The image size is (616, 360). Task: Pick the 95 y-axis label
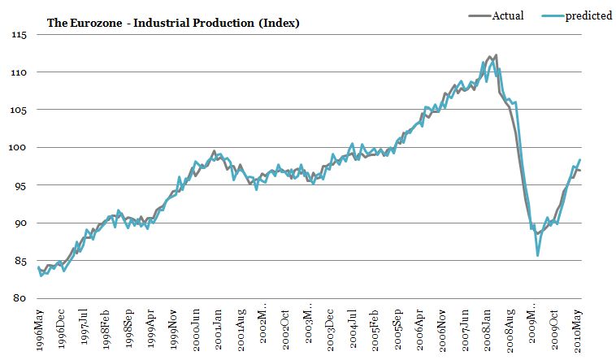(x=20, y=186)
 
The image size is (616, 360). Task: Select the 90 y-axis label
(x=20, y=223)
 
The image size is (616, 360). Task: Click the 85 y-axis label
(x=20, y=261)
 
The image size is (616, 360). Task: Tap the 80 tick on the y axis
(x=20, y=298)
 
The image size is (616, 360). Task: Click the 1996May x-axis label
(x=39, y=329)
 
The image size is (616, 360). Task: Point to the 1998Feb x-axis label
(x=107, y=329)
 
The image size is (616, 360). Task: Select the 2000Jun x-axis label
(x=197, y=329)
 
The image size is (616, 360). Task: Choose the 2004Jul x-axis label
(x=354, y=329)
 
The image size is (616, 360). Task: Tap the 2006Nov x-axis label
(x=443, y=329)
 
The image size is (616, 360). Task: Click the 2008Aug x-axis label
(x=510, y=329)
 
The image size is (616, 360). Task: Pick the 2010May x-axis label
(x=578, y=329)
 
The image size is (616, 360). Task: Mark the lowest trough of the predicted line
(x=538, y=256)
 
